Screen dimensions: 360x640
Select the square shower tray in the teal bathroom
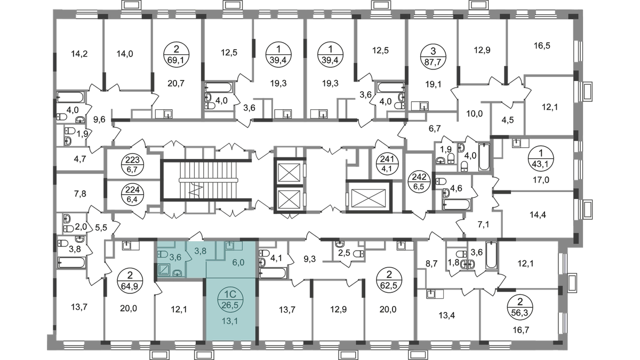[x=164, y=270]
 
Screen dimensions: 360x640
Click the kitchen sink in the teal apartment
[x=231, y=246]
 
